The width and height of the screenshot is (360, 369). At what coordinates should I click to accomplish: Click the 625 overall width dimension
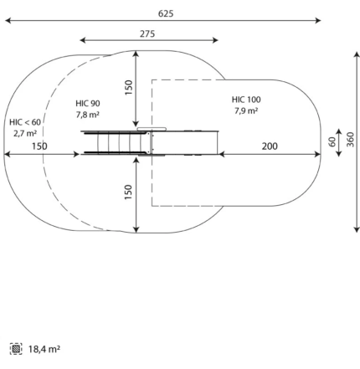166,13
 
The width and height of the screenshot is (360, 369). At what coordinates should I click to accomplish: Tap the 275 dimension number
147,33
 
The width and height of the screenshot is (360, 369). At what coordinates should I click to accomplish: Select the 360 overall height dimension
350,140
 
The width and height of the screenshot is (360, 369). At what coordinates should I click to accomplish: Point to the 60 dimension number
332,142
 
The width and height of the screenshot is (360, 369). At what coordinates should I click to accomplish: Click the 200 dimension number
270,146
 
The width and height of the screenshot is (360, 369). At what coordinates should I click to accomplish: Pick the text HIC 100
246,100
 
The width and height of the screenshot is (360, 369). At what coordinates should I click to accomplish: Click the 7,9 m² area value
246,110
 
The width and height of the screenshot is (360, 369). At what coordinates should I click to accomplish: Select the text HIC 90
88,104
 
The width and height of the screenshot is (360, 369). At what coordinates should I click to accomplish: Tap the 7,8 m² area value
88,115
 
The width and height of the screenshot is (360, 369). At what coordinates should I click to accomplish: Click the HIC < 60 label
25,122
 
